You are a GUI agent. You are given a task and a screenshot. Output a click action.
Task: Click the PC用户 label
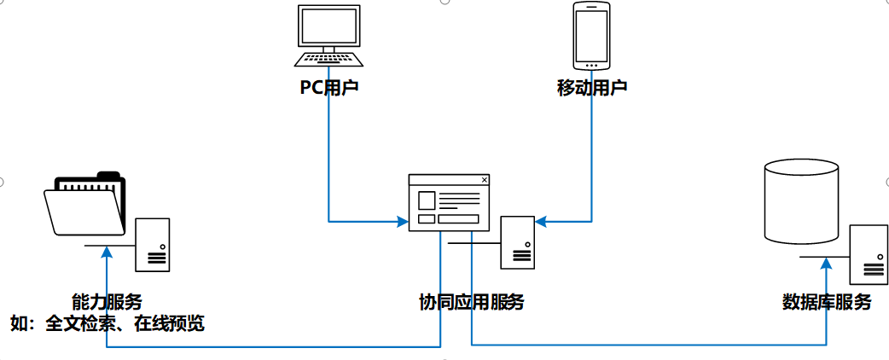tap(328, 88)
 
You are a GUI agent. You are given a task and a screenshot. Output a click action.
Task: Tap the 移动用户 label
tap(592, 88)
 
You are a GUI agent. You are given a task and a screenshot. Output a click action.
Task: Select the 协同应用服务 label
tap(471, 302)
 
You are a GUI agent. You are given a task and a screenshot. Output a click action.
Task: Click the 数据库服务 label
tap(827, 302)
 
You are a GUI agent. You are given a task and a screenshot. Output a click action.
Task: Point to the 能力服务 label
tap(107, 301)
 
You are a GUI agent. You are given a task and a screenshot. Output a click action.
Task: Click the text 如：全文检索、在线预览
tap(107, 323)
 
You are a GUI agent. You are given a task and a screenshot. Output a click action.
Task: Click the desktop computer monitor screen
tap(328, 26)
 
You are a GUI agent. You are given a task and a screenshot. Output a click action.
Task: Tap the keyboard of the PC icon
tap(328, 59)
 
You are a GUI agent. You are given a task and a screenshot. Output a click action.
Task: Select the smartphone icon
tap(591, 36)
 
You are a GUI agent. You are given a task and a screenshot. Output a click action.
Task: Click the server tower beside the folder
tap(153, 245)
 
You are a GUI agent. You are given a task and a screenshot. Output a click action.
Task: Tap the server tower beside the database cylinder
tap(869, 253)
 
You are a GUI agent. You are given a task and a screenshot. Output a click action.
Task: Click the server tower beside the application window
tap(517, 242)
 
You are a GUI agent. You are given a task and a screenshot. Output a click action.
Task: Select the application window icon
tap(450, 202)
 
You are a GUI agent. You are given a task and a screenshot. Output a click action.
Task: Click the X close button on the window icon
tap(485, 180)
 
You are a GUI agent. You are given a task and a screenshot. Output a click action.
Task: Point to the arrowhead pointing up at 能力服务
tap(107, 252)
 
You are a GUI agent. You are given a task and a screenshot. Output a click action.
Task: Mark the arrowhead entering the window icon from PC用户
tap(403, 223)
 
